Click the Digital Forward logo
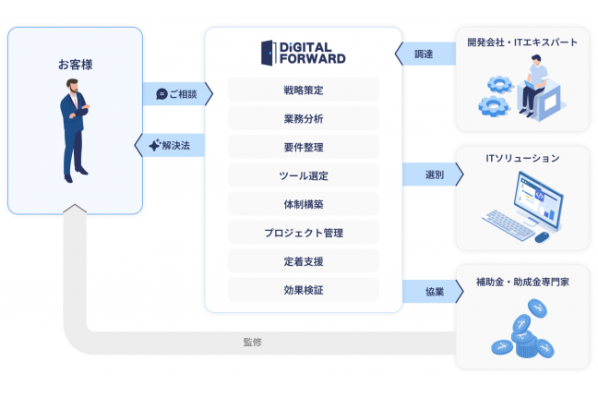point(304,53)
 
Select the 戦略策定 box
point(304,90)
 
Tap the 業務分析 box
point(304,118)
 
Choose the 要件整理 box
point(304,147)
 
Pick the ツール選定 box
point(304,175)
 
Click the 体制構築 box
point(304,204)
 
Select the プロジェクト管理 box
point(304,233)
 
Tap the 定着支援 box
point(304,261)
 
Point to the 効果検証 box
point(304,290)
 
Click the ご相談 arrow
point(178,94)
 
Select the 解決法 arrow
point(170,145)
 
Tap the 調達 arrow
point(425,54)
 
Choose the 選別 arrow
point(433,174)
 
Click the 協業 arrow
point(433,292)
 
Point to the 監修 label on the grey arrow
point(253,342)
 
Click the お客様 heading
point(75,65)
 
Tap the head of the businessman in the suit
point(72,86)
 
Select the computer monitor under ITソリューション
point(539,199)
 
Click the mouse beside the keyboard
point(542,237)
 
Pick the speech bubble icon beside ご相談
point(161,94)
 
